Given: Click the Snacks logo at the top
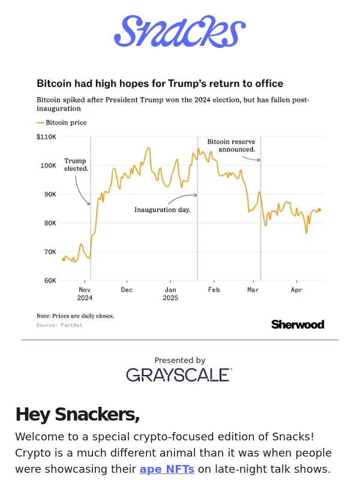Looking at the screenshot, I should coord(179,32).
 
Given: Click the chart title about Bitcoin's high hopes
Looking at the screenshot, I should coord(160,83).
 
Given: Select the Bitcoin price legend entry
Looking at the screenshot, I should coord(62,122).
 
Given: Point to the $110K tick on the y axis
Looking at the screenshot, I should coord(46,137).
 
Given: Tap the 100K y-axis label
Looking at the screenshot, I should coord(48,166).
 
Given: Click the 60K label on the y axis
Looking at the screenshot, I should coord(50,280).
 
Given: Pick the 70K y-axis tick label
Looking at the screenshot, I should coord(50,252).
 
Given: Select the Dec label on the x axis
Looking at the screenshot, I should coord(127,290).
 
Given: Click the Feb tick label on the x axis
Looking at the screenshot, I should coord(214,290).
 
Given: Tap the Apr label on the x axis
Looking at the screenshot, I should coord(296,290).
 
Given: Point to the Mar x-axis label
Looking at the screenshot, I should coord(253,290).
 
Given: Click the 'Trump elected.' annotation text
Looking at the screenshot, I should coord(76,165).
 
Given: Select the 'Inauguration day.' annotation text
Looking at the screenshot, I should coord(162,210).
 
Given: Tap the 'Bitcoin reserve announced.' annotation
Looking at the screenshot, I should coord(231,145).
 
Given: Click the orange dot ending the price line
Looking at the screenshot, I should coord(319,210).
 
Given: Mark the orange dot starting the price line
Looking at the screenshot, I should coord(64,259).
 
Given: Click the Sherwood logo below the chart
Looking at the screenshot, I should coord(298,325).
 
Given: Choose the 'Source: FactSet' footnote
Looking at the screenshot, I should coord(59,325).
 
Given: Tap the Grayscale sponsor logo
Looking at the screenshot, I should coord(179,375).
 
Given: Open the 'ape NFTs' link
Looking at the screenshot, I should coord(167,469).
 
